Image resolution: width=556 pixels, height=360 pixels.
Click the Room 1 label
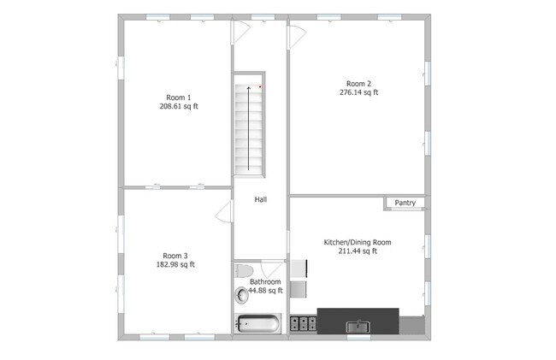click(178, 97)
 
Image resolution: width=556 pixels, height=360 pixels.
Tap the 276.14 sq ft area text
click(358, 92)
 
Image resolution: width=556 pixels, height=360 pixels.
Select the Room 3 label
click(175, 255)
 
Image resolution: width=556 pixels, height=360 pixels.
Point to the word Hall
click(261, 199)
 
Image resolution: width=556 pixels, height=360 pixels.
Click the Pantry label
click(405, 203)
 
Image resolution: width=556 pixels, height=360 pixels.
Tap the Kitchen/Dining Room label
click(357, 242)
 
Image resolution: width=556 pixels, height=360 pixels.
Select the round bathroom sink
click(240, 294)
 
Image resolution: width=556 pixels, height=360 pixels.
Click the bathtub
click(257, 324)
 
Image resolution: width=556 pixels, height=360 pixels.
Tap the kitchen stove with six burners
click(303, 323)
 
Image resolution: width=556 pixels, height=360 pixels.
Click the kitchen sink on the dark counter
click(358, 326)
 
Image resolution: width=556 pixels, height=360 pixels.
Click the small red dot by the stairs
click(261, 86)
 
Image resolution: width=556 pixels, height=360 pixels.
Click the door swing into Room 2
click(296, 36)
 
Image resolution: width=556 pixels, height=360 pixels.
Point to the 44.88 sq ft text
click(265, 291)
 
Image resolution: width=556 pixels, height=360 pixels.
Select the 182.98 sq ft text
click(175, 264)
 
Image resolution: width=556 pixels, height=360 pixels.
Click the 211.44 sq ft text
click(357, 251)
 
